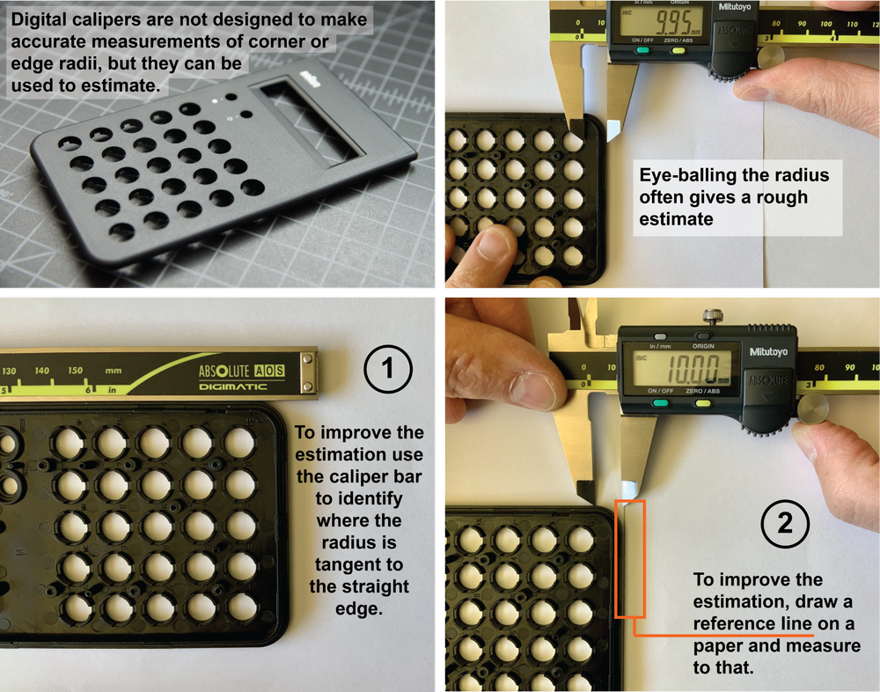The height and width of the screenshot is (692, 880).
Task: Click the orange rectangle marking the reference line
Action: [x=630, y=558]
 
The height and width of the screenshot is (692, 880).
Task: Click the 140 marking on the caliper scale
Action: [x=41, y=372]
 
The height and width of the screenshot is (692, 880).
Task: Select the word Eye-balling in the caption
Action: [x=683, y=174]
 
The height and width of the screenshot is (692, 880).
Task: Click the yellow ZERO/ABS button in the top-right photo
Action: [x=678, y=50]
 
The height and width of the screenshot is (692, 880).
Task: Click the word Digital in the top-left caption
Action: [x=40, y=19]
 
